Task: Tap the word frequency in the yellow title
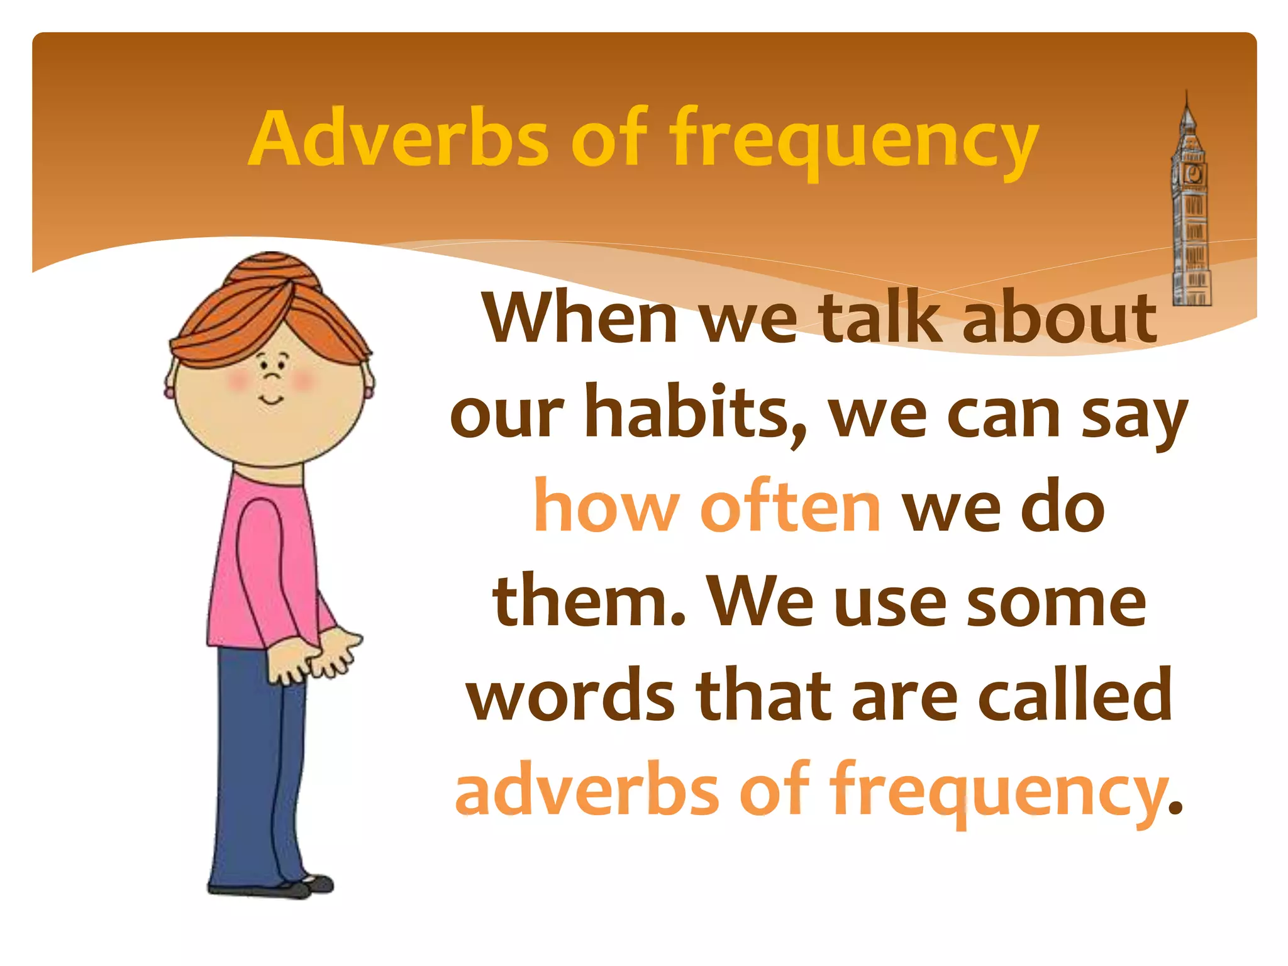852,142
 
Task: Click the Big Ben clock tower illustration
1189,214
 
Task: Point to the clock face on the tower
1192,173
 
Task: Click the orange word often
791,507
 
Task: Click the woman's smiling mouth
272,400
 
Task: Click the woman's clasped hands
314,657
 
